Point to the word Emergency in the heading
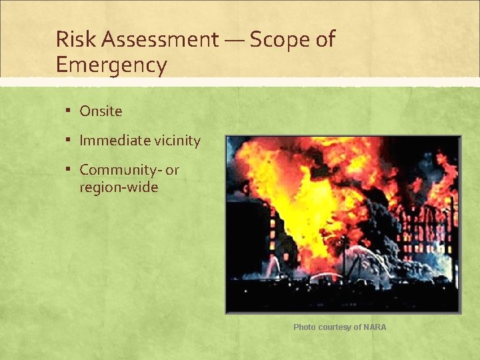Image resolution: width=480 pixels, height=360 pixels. (111, 65)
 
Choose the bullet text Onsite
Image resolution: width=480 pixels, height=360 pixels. (101, 111)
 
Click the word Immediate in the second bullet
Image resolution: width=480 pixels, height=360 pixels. (115, 141)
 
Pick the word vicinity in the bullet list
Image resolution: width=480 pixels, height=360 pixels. (177, 141)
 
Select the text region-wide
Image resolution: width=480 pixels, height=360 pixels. (119, 187)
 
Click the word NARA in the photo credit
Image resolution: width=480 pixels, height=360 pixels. (375, 327)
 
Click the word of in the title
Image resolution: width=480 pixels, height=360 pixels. (325, 39)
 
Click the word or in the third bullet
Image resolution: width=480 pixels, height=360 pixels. (172, 170)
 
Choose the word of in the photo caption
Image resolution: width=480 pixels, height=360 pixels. (358, 327)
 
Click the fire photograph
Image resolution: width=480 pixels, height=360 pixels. (343, 224)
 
